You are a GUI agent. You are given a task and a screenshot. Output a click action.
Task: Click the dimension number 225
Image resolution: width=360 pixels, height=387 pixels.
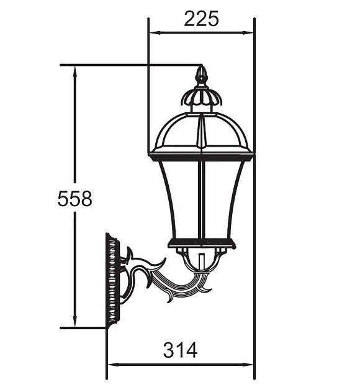(x=201, y=19)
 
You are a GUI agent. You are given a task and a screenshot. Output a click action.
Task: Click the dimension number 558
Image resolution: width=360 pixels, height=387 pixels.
(x=74, y=199)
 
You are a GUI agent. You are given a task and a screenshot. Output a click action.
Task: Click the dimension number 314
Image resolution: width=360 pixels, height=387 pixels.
(x=180, y=350)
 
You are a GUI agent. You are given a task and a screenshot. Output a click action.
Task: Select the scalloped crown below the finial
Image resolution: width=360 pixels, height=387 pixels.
(x=200, y=98)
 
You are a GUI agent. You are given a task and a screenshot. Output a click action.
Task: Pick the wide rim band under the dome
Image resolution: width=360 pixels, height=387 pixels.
(x=200, y=153)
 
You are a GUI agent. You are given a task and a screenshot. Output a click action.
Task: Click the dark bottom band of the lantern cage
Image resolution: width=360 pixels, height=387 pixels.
(x=202, y=243)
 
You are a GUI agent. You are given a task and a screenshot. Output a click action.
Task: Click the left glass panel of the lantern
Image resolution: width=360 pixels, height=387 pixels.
(x=180, y=199)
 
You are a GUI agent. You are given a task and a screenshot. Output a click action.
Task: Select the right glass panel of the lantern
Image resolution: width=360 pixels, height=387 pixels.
(x=220, y=199)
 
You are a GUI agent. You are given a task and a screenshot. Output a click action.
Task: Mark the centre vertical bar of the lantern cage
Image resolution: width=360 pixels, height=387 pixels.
(x=200, y=199)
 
